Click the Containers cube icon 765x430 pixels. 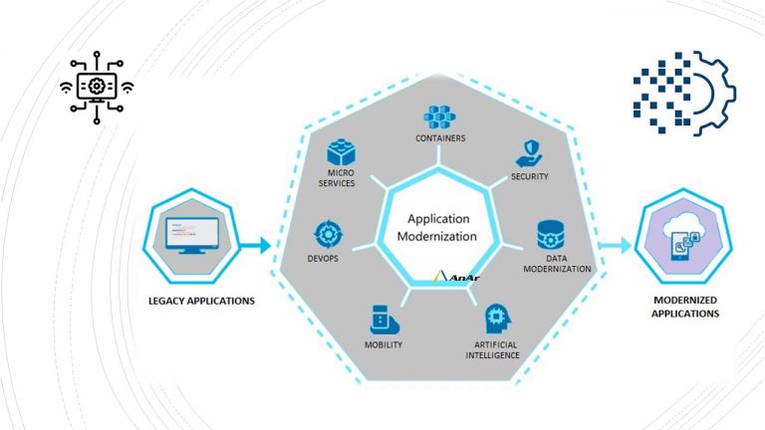[x=439, y=116]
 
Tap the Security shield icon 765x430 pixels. [x=529, y=153]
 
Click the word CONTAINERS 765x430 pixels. [x=439, y=138]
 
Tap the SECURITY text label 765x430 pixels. [x=530, y=176]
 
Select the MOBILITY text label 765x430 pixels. [x=382, y=345]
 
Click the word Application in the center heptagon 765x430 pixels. [x=438, y=218]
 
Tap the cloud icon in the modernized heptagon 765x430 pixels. [x=683, y=231]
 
